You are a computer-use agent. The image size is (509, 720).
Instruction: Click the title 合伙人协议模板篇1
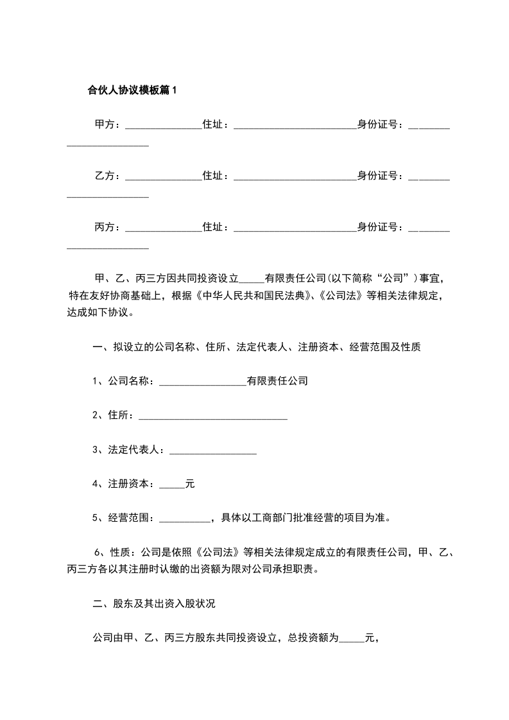pyautogui.click(x=132, y=90)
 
